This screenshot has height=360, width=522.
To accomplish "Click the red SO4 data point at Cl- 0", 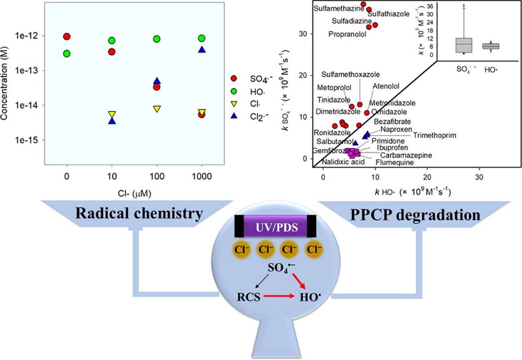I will coord(67,37).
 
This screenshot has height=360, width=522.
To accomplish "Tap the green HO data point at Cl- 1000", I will coord(202,38).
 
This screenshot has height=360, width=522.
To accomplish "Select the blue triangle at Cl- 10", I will coord(112,120).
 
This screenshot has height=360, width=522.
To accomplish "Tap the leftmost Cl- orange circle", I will coord(231,249).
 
